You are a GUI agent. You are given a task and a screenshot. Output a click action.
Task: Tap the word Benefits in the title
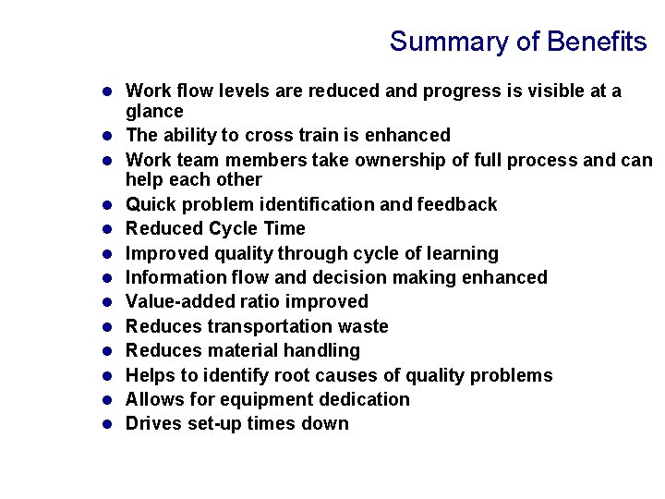click(x=597, y=43)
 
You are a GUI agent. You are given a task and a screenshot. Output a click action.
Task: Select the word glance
click(x=154, y=112)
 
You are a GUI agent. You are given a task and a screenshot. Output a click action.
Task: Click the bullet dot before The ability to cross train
click(x=107, y=136)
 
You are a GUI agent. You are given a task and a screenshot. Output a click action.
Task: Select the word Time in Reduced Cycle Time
click(x=284, y=228)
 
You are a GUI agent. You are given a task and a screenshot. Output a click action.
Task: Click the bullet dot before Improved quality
click(x=107, y=253)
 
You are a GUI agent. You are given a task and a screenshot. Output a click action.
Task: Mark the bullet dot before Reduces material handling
click(x=107, y=350)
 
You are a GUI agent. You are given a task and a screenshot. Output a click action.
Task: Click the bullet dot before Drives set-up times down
click(x=107, y=424)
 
